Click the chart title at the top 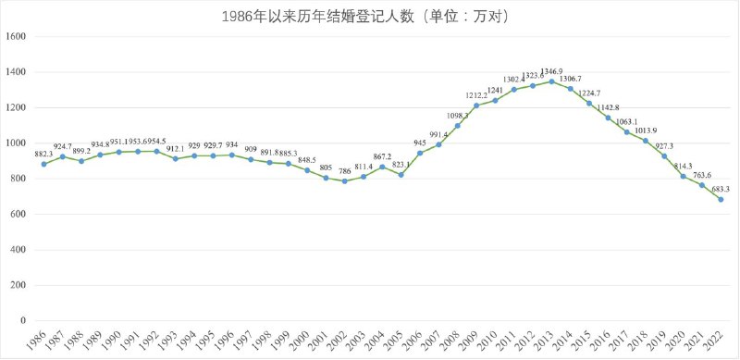coord(370,16)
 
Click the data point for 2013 coord(551,81)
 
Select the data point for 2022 coord(721,199)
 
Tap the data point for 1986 coord(43,164)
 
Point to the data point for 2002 coord(344,181)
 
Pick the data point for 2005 coord(401,175)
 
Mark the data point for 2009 coord(476,106)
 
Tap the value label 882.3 coord(43,153)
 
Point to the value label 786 coord(344,170)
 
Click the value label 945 coord(420,143)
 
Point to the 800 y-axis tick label coord(19,179)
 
